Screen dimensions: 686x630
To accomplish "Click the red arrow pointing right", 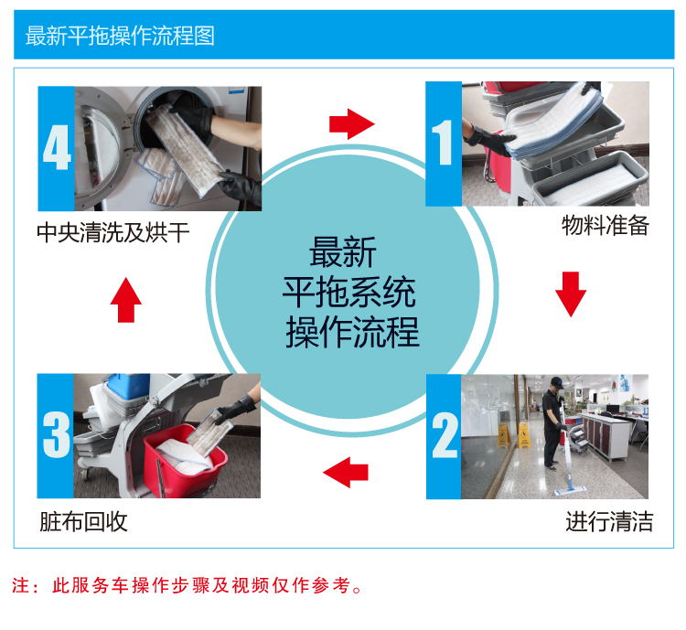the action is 352,124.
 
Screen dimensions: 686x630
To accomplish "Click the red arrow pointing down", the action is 571,294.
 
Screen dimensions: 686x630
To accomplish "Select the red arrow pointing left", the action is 346,473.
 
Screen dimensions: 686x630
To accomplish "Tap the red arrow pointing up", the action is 126,300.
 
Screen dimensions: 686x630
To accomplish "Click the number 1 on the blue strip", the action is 443,143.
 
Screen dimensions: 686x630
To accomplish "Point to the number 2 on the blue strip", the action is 444,435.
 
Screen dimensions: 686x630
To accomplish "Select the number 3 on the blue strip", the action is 56,434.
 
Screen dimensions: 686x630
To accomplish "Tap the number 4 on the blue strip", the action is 57,147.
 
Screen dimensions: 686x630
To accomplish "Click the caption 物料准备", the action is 606,226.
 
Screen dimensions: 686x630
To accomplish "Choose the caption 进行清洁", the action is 609,521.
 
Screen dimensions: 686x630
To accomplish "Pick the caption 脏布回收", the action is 83,521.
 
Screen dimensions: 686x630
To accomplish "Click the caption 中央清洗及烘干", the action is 113,232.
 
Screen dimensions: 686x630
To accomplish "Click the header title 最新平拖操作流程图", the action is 120,36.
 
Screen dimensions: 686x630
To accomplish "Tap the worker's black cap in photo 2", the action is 556,382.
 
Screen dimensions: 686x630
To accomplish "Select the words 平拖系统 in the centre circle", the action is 348,292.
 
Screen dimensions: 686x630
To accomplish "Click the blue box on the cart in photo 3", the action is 129,386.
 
